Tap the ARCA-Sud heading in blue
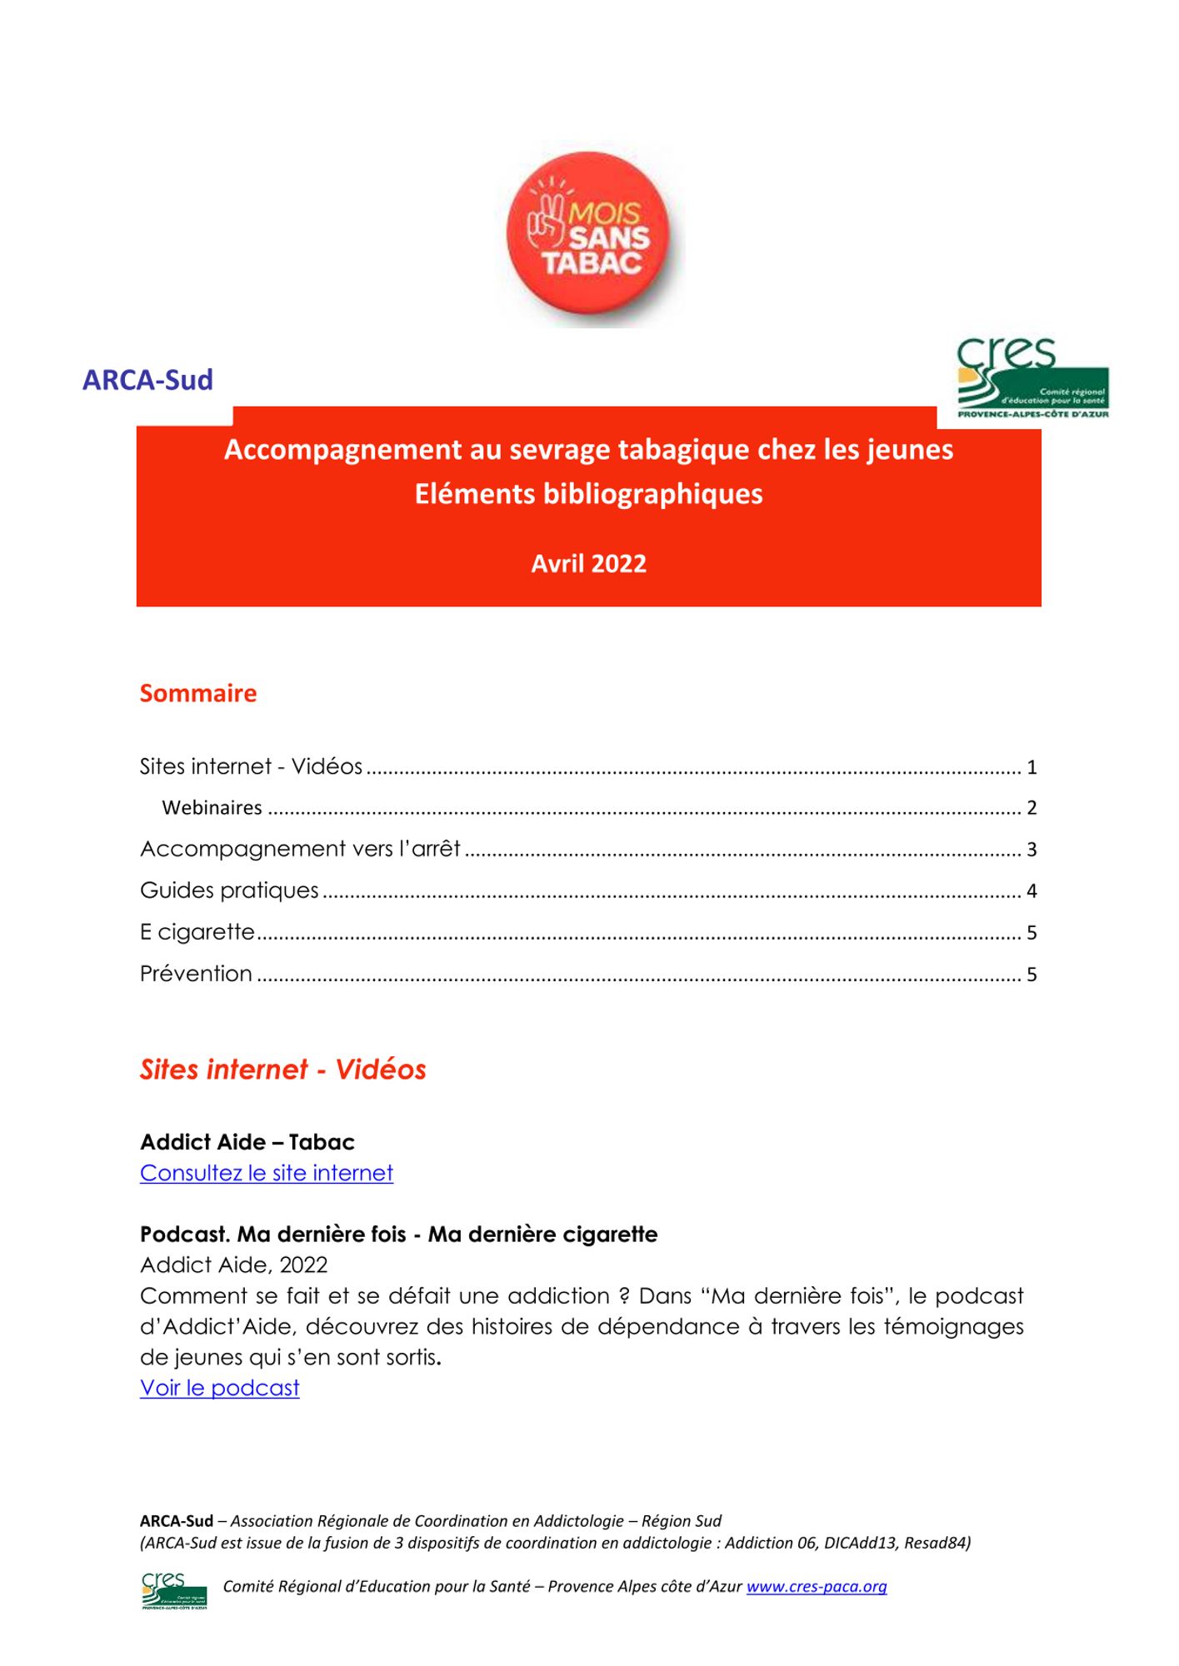(x=147, y=380)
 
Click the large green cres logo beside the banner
(x=1032, y=379)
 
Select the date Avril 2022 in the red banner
(x=588, y=564)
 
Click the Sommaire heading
(x=198, y=693)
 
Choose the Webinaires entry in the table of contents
(x=212, y=807)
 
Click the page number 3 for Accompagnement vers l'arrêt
(x=1032, y=850)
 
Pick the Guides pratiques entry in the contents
(x=229, y=890)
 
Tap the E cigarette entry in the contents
(x=197, y=932)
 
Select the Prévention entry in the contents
(x=196, y=974)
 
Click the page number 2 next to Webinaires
(x=1032, y=808)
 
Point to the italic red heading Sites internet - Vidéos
(x=282, y=1070)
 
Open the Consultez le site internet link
(x=266, y=1173)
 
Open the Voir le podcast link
(x=219, y=1388)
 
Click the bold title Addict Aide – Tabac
(x=247, y=1142)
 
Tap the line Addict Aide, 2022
(x=233, y=1265)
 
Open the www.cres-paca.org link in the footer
(x=816, y=1587)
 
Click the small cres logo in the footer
(x=173, y=1590)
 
